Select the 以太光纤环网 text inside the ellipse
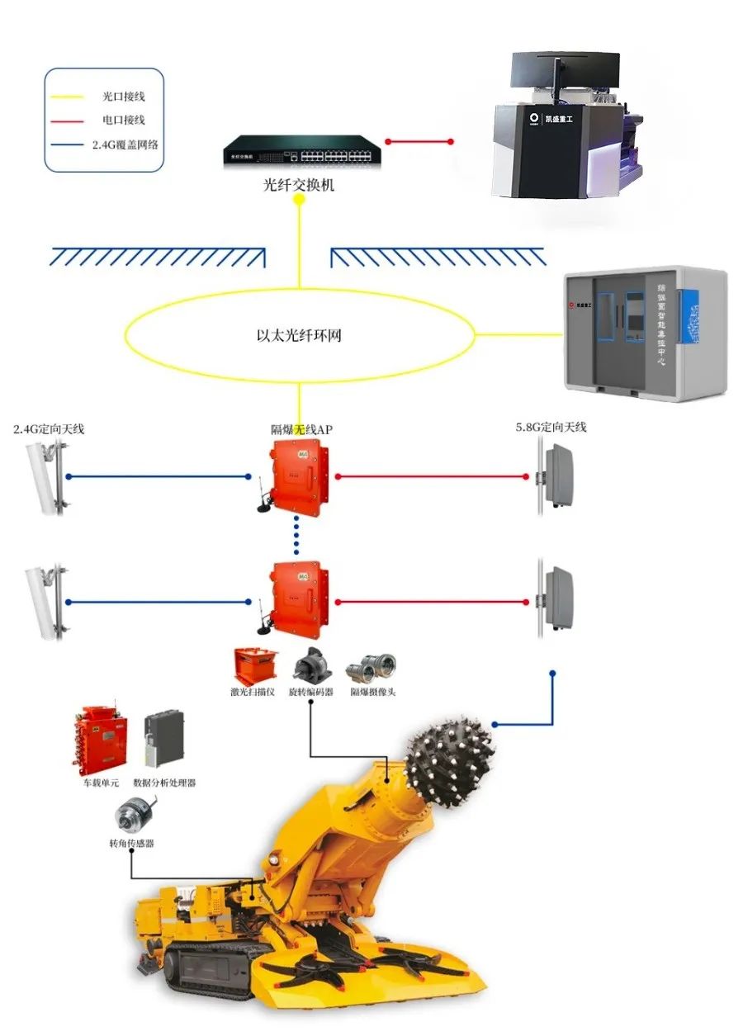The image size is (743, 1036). tap(298, 336)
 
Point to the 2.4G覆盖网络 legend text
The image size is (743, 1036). tap(125, 144)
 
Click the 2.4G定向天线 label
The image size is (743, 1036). tap(50, 429)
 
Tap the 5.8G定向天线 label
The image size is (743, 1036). tap(550, 427)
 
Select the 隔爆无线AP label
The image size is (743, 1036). tap(302, 429)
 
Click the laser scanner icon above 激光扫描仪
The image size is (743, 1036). tap(255, 666)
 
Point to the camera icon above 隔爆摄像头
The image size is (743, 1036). tap(371, 667)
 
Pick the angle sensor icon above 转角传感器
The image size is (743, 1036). tap(132, 817)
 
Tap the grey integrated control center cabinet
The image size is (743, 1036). tap(645, 334)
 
